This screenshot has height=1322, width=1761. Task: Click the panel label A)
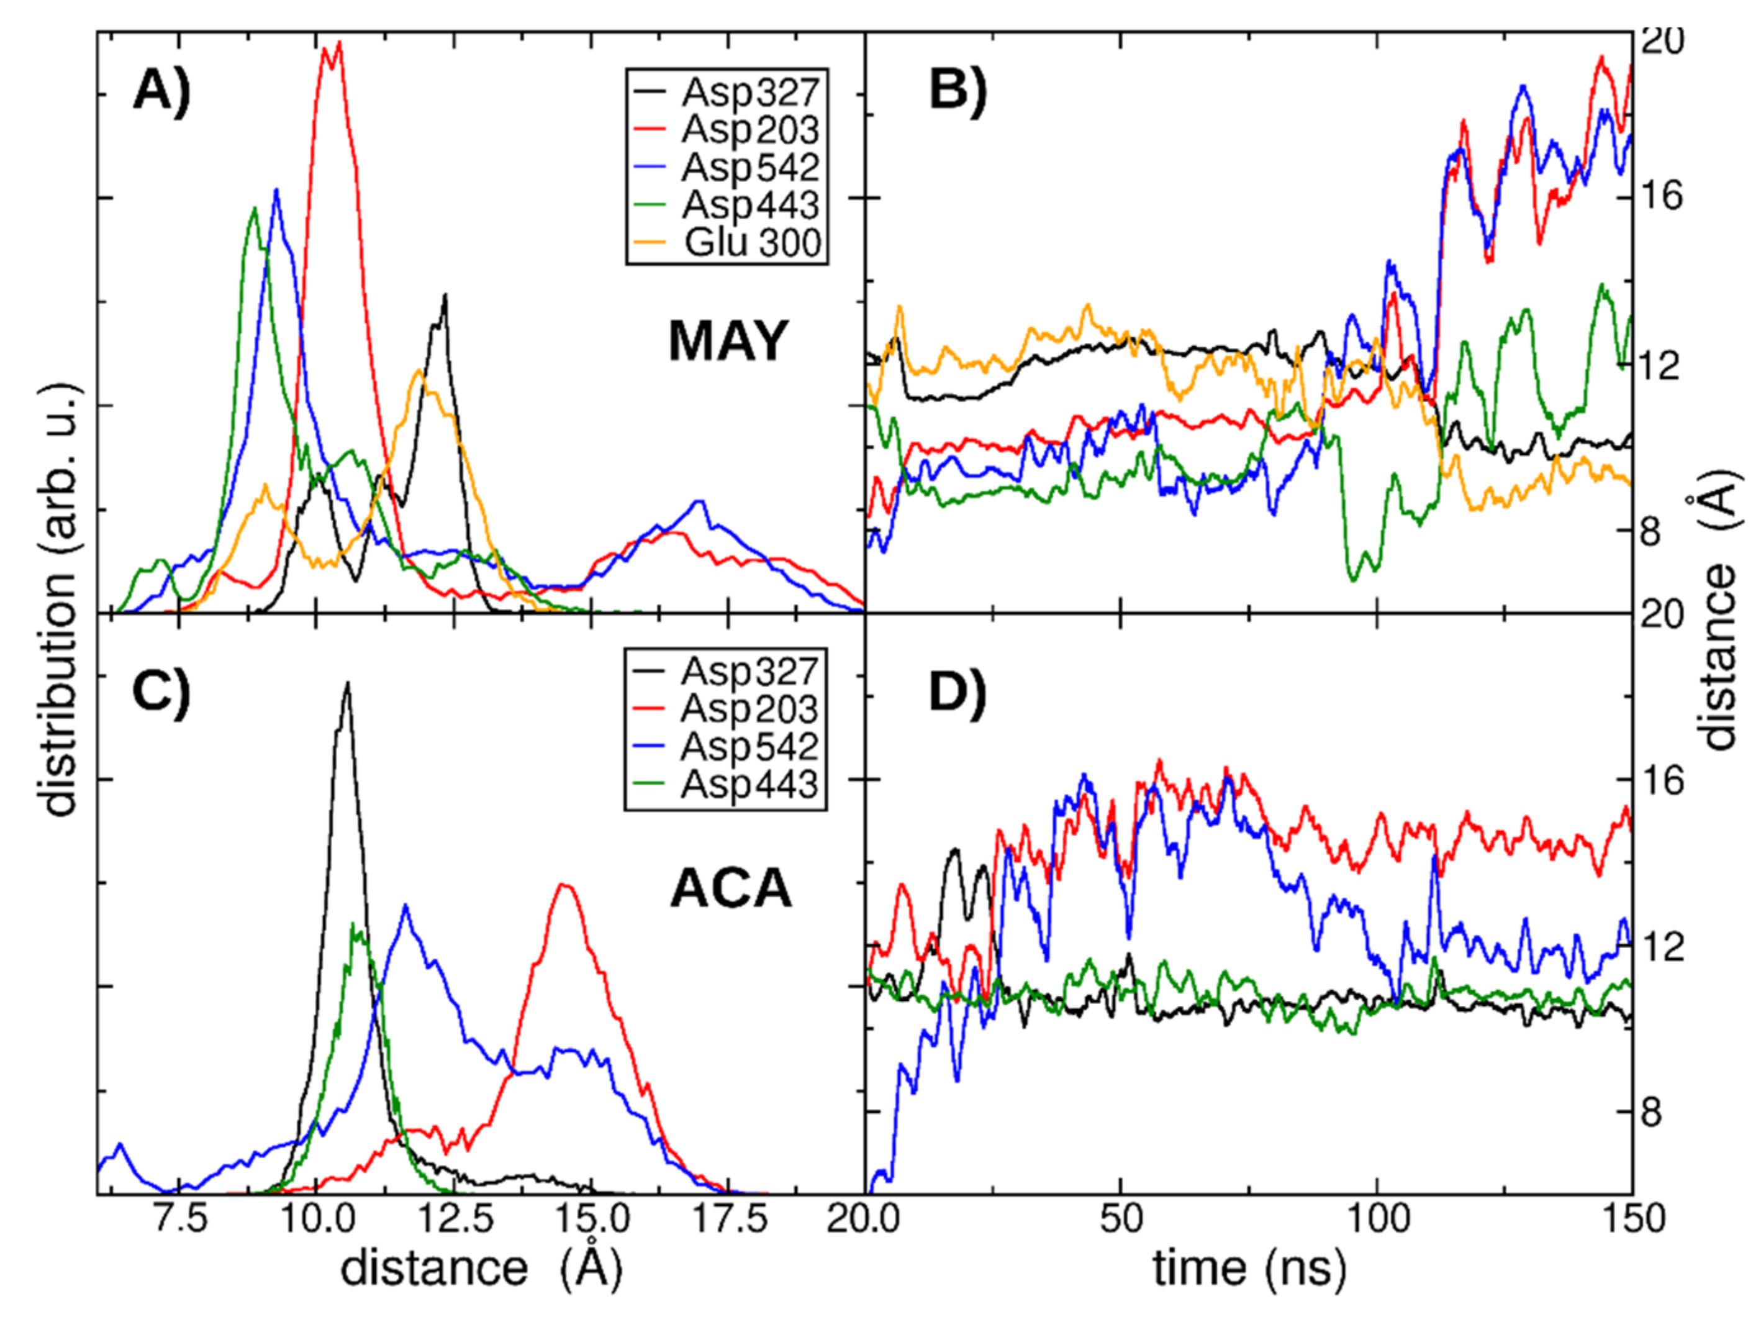161,89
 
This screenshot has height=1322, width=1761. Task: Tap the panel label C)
161,691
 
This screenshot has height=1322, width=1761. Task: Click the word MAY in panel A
728,342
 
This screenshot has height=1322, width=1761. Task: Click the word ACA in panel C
731,889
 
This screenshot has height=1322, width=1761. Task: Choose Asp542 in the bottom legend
749,747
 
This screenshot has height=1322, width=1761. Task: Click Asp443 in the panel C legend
749,785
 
